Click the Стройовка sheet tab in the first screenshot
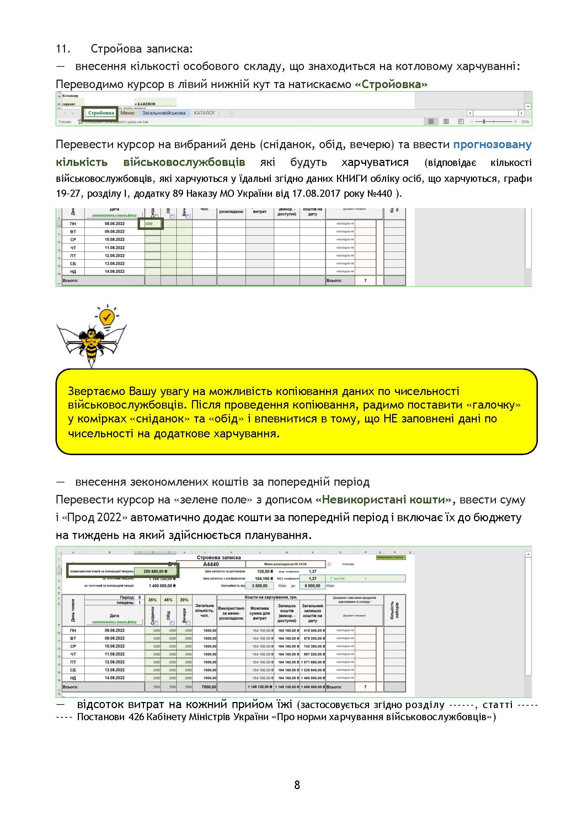tap(101, 113)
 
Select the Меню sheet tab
tap(128, 113)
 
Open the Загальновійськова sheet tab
tap(164, 113)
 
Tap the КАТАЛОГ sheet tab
tap(204, 113)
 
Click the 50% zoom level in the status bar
tap(525, 122)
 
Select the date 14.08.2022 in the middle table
tap(114, 271)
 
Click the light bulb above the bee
tap(106, 317)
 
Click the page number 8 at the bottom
tap(297, 785)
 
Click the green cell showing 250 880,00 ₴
tap(155, 572)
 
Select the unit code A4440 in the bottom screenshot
tap(211, 564)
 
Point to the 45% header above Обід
tap(169, 600)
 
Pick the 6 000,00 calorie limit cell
tap(312, 586)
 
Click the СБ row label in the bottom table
tap(73, 670)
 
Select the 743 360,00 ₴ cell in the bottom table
tap(313, 646)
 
